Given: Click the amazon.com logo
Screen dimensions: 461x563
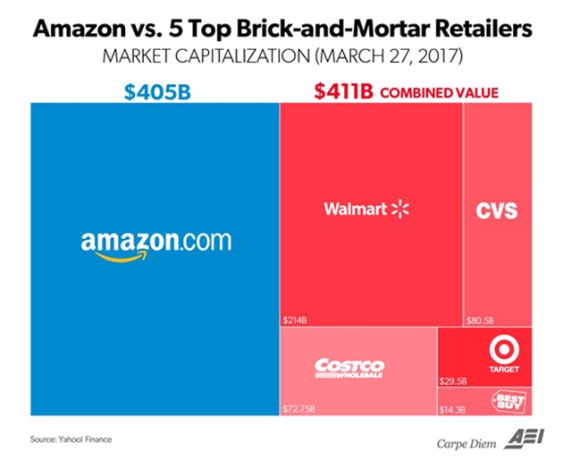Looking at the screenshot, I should (x=155, y=243).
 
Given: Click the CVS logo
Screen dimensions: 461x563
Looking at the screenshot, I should (x=497, y=212).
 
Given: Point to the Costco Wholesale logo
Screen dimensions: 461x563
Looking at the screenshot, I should (x=349, y=367).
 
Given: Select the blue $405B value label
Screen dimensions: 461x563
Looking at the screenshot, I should (x=154, y=90).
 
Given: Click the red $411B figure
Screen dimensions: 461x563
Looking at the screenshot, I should (x=341, y=90).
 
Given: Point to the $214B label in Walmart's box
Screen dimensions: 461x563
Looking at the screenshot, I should (x=296, y=318).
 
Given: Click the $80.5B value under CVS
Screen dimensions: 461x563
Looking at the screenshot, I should (x=481, y=318).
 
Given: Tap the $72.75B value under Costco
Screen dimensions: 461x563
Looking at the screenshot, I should (x=301, y=406).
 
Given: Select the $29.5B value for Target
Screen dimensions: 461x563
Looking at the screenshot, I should (x=454, y=380).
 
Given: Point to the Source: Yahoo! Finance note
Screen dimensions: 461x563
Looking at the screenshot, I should (x=71, y=439).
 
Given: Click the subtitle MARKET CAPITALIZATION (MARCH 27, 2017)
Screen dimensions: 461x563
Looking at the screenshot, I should (x=281, y=58).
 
